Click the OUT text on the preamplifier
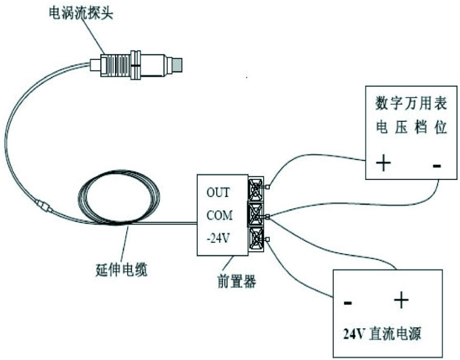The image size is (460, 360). (x=218, y=193)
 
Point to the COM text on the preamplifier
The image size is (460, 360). (x=219, y=215)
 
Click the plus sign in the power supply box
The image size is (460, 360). (x=401, y=301)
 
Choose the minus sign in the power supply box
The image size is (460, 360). (x=348, y=302)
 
